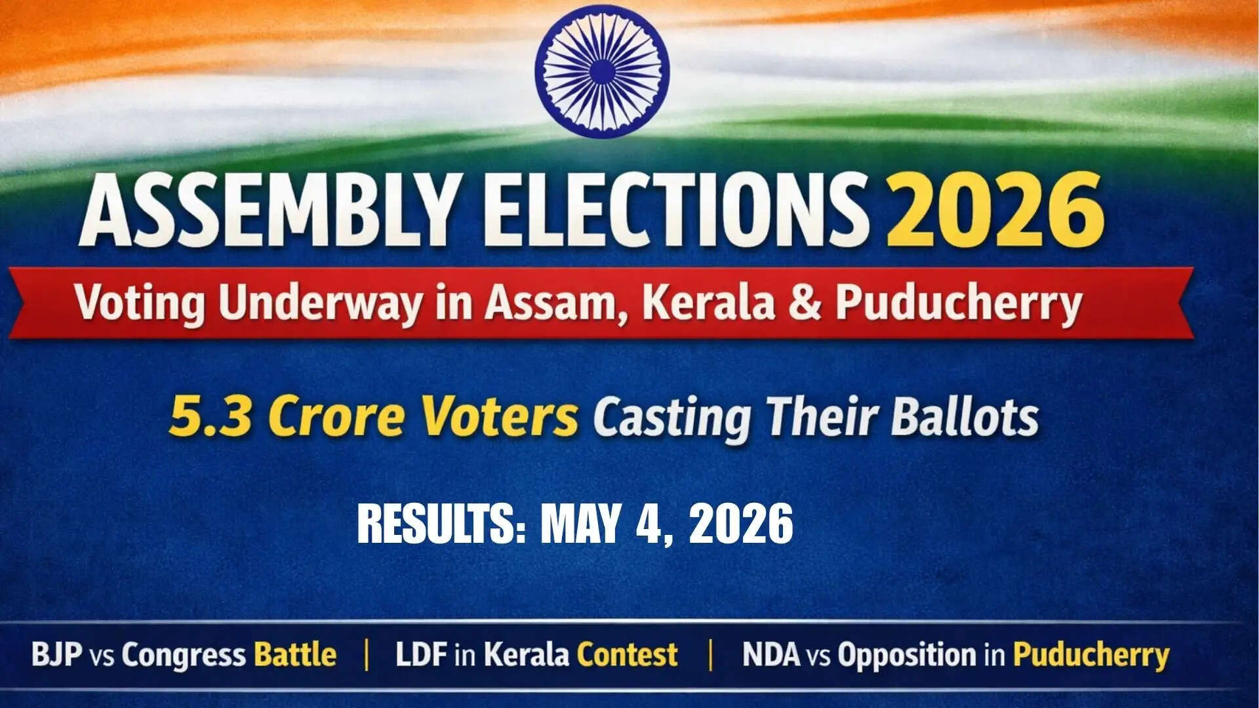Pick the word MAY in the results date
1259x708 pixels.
[x=579, y=524]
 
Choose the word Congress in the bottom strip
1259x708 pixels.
[x=184, y=655]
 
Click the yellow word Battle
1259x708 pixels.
[x=295, y=655]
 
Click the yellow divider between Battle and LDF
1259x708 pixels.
[x=367, y=655]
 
